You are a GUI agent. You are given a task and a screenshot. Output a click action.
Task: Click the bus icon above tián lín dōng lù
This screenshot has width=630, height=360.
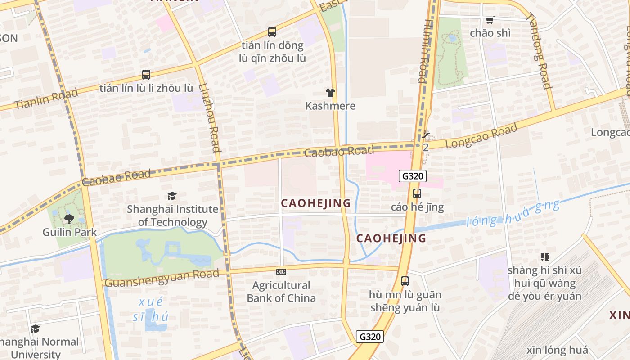tap(272, 32)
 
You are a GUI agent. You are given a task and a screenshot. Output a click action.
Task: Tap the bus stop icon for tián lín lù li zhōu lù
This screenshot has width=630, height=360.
tap(146, 75)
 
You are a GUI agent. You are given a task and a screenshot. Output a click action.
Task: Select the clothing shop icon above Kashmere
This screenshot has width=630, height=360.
tap(330, 93)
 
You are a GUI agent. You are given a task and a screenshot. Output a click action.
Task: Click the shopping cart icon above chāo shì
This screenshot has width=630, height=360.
tap(490, 20)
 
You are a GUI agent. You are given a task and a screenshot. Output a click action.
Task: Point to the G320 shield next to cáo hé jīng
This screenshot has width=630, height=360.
tap(412, 176)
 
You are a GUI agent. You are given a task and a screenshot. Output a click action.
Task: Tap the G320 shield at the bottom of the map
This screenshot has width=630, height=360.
tap(370, 336)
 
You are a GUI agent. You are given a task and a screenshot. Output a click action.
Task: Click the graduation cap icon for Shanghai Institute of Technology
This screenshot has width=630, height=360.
tap(172, 196)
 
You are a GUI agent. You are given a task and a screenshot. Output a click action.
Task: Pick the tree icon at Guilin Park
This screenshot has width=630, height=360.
tap(69, 219)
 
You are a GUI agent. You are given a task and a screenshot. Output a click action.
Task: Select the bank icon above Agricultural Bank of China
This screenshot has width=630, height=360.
tap(281, 272)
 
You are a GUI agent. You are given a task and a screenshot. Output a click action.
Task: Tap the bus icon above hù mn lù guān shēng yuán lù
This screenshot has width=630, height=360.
tap(405, 281)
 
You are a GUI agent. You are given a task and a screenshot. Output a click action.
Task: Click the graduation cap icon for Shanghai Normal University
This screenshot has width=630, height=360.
tap(35, 328)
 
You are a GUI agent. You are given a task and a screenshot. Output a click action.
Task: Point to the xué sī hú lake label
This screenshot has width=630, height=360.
tap(151, 309)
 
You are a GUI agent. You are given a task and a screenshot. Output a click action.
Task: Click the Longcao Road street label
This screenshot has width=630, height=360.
tap(481, 136)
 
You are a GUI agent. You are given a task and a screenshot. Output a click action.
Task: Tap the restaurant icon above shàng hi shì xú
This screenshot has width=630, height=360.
tap(545, 257)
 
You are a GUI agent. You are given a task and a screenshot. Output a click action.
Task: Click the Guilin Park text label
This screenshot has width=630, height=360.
tap(69, 232)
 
